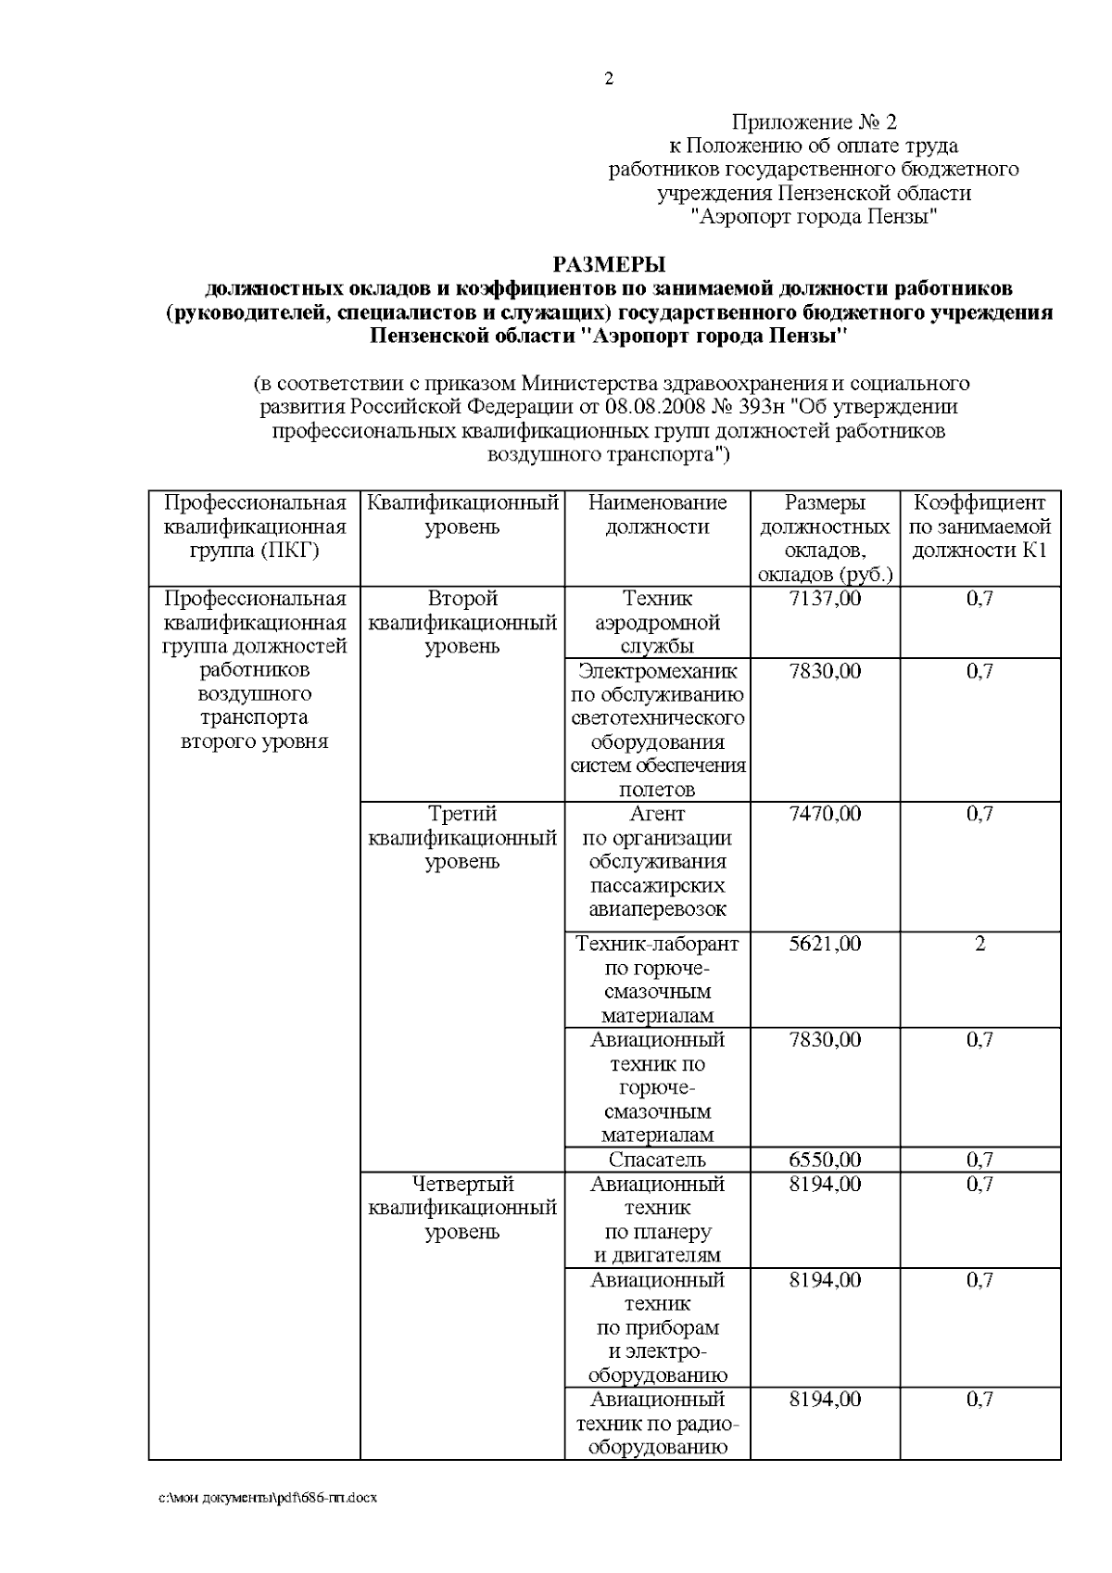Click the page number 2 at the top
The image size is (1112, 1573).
[609, 80]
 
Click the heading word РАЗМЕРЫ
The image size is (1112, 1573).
[609, 265]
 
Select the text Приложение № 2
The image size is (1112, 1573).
[815, 122]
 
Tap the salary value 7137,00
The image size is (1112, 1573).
[824, 599]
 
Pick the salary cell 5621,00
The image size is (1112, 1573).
[824, 945]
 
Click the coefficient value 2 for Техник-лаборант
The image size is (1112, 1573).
[979, 945]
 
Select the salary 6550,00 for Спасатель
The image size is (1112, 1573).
[824, 1160]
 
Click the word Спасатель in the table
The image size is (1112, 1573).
[657, 1160]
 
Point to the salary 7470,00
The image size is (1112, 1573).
[824, 814]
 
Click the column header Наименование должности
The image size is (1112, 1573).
[657, 515]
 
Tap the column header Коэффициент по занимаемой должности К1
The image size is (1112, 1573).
[979, 527]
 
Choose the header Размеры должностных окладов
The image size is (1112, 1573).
[824, 539]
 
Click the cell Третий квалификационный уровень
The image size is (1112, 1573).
[462, 838]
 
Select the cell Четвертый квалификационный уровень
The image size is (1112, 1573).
[462, 1208]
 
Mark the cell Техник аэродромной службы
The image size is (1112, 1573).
[657, 622]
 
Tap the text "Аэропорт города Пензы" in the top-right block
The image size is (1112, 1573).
[815, 218]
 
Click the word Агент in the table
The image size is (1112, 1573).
[657, 814]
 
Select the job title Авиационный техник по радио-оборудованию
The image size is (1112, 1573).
[657, 1423]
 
